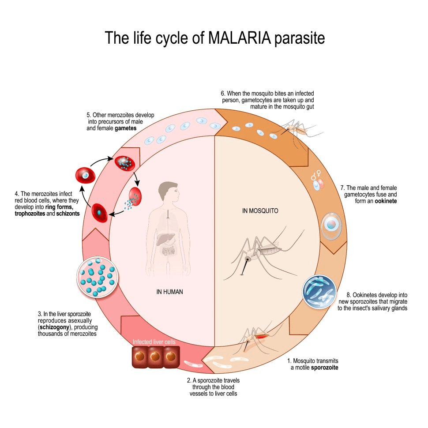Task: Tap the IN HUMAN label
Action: (x=170, y=292)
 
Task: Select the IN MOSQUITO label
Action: (x=260, y=211)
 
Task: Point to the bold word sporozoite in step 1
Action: (x=326, y=367)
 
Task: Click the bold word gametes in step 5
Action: (x=125, y=128)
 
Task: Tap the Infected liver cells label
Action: (x=154, y=342)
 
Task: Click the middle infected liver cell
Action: (x=155, y=356)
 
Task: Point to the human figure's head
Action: (x=168, y=192)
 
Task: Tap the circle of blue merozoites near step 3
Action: (x=96, y=277)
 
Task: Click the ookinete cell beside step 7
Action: (x=330, y=225)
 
